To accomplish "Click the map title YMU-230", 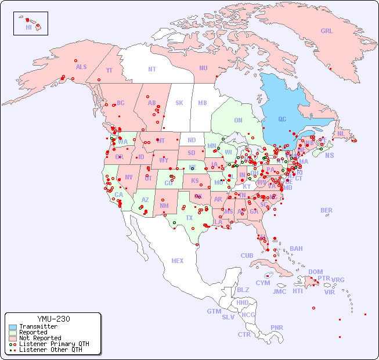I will coord(53,319).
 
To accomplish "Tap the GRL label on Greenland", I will coord(327,31).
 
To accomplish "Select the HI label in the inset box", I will coord(28,27).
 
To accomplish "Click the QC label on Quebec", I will coord(282,119).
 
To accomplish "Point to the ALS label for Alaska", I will coord(81,67).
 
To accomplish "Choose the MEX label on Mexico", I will coord(178,261).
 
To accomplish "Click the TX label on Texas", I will coord(189,218).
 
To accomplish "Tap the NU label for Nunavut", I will coord(203,68).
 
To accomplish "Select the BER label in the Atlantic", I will coord(326,210).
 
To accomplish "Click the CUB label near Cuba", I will coord(247,255).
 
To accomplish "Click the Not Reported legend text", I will coord(40,338).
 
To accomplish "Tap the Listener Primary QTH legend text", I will coord(54,344).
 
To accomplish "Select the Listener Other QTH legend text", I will coord(50,350).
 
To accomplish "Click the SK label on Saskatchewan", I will coord(179,103).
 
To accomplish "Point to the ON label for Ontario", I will coord(238,120).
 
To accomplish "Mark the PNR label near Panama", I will coord(277,327).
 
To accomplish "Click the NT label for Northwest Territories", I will coord(152,69).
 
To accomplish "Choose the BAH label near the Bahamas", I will coord(296,249).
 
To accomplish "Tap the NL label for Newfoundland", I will coord(341,133).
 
